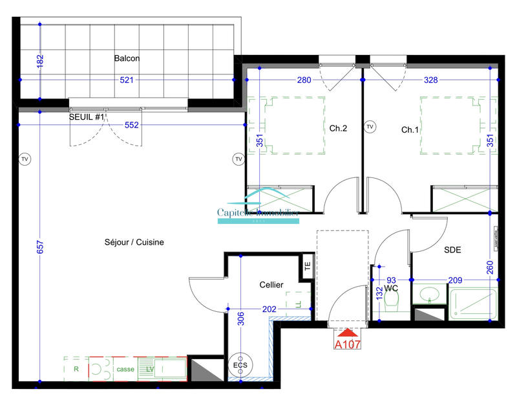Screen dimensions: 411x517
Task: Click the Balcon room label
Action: coord(127,58)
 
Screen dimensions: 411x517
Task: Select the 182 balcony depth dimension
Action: coord(40,62)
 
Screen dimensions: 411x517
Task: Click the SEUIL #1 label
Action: coord(87,117)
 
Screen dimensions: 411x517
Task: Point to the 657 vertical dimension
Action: coord(40,247)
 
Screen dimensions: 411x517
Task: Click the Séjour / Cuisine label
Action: coord(134,242)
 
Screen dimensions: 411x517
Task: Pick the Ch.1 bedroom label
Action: coord(410,129)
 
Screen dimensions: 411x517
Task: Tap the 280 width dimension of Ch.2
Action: coord(304,80)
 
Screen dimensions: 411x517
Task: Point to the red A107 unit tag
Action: coord(347,344)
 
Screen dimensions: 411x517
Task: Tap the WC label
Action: coord(390,287)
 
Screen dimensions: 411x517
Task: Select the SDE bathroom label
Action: coord(452,249)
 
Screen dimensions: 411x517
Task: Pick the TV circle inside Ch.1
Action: coord(370,127)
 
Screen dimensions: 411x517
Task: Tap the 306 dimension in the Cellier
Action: coord(240,317)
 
